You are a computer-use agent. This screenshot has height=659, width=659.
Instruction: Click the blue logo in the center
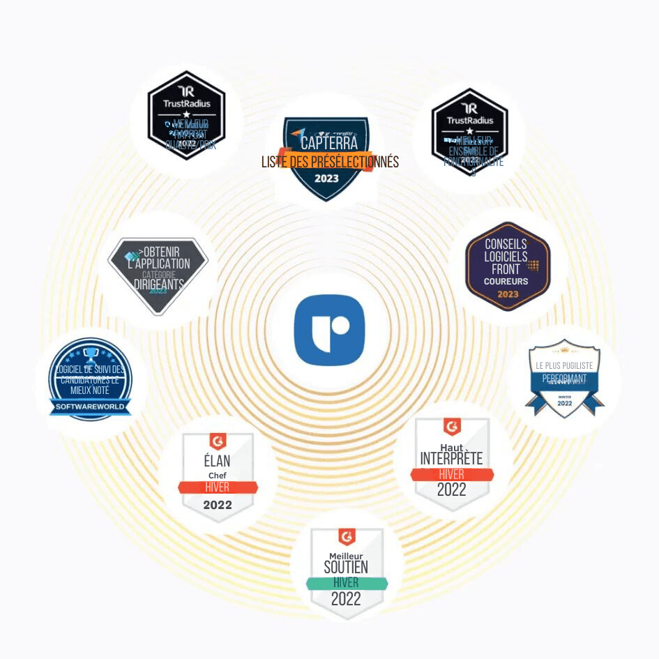point(329,331)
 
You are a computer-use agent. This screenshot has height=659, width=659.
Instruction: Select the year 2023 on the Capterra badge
point(326,179)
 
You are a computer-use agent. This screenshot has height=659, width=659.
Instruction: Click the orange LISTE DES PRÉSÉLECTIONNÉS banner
point(330,162)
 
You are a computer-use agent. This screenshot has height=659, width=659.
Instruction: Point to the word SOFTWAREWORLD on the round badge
point(89,405)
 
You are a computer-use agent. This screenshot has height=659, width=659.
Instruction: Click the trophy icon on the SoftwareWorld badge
point(89,354)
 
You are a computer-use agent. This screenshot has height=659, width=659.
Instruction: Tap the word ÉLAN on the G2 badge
point(217,461)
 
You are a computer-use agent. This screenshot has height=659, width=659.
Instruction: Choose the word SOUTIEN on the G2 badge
point(346,567)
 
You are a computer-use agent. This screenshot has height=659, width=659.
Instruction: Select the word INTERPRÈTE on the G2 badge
point(451,458)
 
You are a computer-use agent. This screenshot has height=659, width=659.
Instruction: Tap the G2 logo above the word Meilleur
point(347,537)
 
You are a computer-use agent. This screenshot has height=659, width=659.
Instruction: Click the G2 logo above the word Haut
point(452,425)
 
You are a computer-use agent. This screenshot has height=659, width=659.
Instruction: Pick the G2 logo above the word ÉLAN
point(218,441)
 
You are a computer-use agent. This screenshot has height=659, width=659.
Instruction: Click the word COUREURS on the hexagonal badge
point(506,282)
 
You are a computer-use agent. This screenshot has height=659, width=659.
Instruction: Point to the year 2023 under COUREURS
point(508,294)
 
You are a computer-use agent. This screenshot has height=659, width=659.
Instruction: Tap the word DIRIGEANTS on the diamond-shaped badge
point(158,285)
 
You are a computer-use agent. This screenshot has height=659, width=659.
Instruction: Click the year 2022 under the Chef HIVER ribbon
point(217,505)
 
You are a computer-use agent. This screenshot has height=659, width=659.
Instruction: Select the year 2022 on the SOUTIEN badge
point(346,599)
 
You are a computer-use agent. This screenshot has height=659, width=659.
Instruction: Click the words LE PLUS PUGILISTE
point(563,365)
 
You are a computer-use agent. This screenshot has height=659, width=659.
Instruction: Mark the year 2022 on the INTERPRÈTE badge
point(451,490)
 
